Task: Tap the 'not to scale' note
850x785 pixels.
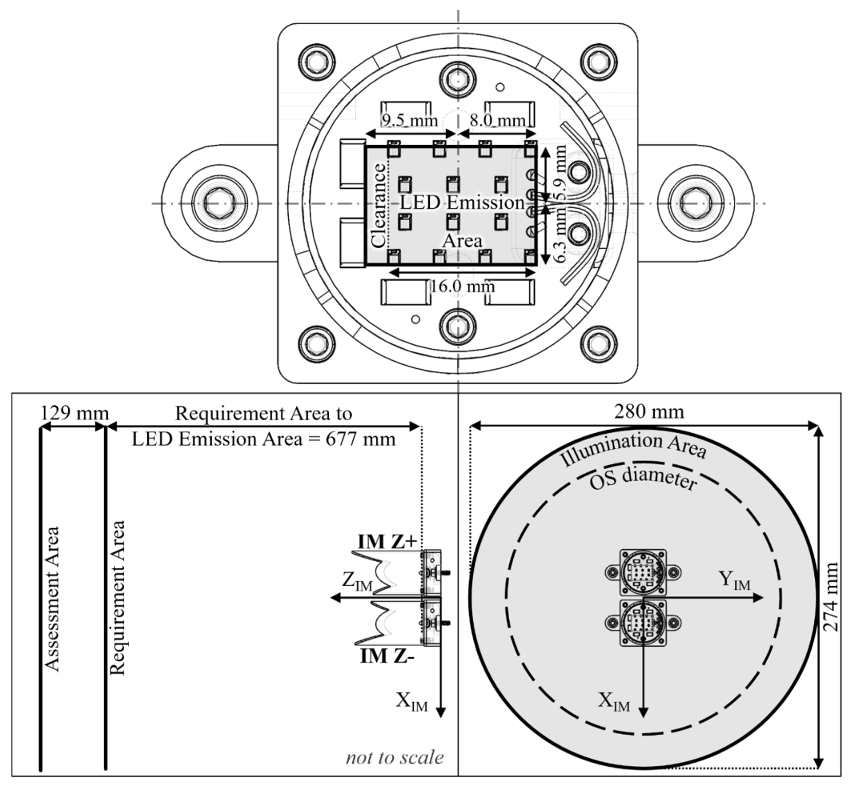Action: tap(395, 757)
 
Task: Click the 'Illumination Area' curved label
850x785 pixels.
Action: tap(633, 450)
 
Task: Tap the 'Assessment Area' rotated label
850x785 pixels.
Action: tap(52, 599)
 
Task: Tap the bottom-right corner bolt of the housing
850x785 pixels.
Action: tap(599, 344)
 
